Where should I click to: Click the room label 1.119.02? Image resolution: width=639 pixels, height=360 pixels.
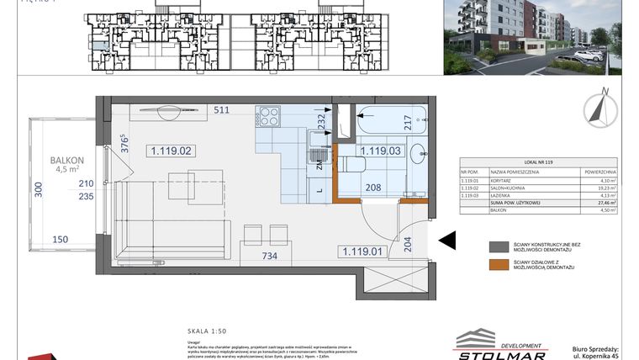pos(172,151)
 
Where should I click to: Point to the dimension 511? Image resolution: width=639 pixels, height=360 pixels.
pos(222,110)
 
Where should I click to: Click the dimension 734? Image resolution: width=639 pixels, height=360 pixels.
pos(270,256)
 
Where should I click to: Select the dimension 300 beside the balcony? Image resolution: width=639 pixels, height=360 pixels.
pos(37,191)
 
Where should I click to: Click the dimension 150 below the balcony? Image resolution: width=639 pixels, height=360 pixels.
pos(60,239)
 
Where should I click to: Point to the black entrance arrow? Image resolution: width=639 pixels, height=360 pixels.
pos(447,241)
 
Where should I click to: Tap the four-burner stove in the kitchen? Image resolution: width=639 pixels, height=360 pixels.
pos(268,116)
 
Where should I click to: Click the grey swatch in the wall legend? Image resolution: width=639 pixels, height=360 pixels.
pos(499,248)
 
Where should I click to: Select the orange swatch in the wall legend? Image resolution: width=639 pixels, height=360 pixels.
pos(499,267)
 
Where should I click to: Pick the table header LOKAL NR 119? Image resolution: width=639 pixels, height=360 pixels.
pos(537,161)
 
